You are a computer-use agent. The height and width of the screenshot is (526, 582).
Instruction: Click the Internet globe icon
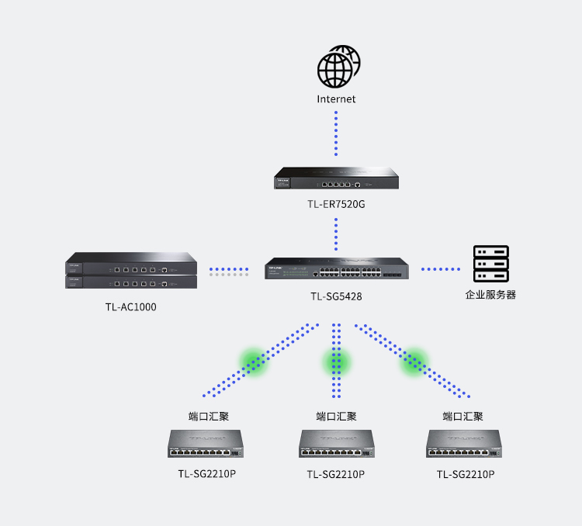tap(338, 67)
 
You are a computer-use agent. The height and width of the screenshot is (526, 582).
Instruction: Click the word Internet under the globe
tap(336, 99)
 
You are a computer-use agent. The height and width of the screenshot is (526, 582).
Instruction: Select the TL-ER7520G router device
tap(336, 178)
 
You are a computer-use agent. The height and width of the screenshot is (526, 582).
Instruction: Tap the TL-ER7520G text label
tap(336, 205)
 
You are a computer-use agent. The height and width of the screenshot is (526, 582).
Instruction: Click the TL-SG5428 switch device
tap(336, 268)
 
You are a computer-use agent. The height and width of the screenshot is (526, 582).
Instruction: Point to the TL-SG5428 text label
tap(336, 296)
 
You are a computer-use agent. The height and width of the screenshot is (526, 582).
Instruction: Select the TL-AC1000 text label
tap(130, 306)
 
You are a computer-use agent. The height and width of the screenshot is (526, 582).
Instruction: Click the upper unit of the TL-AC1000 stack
tap(130, 264)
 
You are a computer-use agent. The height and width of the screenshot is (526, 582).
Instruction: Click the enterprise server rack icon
tap(490, 264)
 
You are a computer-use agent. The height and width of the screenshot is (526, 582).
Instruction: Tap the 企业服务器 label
tap(490, 295)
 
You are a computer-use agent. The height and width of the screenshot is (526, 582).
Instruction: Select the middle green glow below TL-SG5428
tap(336, 362)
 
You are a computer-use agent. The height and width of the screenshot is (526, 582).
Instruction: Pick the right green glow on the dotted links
tap(414, 361)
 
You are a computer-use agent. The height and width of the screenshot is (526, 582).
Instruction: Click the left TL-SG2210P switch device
tap(206, 445)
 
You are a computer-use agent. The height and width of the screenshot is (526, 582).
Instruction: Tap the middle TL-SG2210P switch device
tap(336, 445)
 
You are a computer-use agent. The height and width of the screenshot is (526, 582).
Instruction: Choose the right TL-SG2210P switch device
tap(464, 445)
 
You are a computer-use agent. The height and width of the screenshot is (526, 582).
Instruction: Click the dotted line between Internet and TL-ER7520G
tap(336, 133)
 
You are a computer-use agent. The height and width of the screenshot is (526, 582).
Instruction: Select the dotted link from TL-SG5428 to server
tap(440, 269)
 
